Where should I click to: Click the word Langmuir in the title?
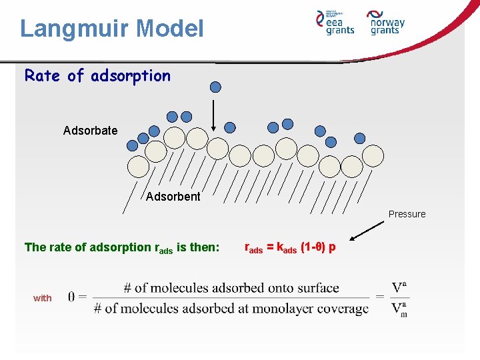coord(74,29)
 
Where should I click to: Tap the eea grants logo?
coord(335,22)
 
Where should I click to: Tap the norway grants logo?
coord(386,22)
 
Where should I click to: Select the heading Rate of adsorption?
coord(97,76)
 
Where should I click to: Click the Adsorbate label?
coord(90,131)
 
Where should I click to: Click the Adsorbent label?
coord(173,197)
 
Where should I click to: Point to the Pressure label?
coord(407,214)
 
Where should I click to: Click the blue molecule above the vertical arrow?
coord(215,86)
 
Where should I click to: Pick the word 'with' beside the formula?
coord(42,298)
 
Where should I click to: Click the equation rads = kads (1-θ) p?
coord(290,247)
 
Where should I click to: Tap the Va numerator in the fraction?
coord(399,288)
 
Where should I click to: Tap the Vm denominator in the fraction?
coord(399,309)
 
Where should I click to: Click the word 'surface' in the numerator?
coord(315,288)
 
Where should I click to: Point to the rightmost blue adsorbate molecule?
coord(360,139)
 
